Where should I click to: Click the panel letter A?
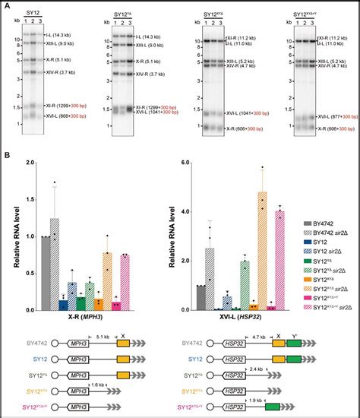click(6, 5)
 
